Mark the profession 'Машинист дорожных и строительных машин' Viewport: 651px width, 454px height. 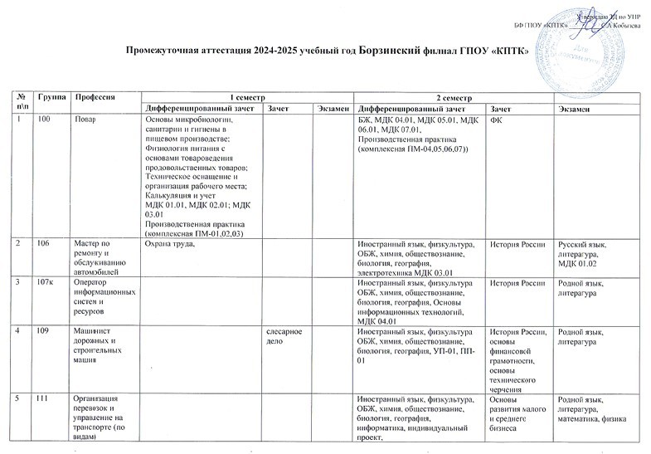(x=99, y=346)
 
